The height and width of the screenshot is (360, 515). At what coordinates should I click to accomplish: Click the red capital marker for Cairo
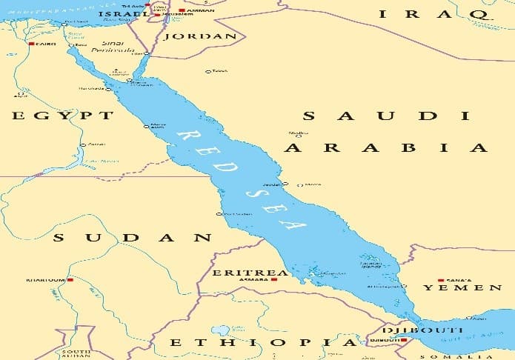click(x=31, y=44)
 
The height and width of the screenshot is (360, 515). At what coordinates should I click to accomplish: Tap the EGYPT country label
click(x=62, y=116)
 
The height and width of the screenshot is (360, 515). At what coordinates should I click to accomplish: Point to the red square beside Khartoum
click(x=70, y=280)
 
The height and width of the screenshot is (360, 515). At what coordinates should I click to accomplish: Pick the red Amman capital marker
click(x=182, y=10)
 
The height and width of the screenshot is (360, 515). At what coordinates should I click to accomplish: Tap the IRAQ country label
click(x=433, y=14)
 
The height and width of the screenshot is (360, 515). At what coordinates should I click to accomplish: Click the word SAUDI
click(x=386, y=116)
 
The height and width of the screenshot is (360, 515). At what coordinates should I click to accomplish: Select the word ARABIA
click(x=386, y=148)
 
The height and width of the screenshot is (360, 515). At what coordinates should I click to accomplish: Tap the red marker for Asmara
click(x=273, y=280)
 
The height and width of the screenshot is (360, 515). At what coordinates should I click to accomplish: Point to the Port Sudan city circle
click(x=219, y=213)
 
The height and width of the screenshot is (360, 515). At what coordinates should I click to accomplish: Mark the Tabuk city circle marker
click(x=208, y=71)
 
